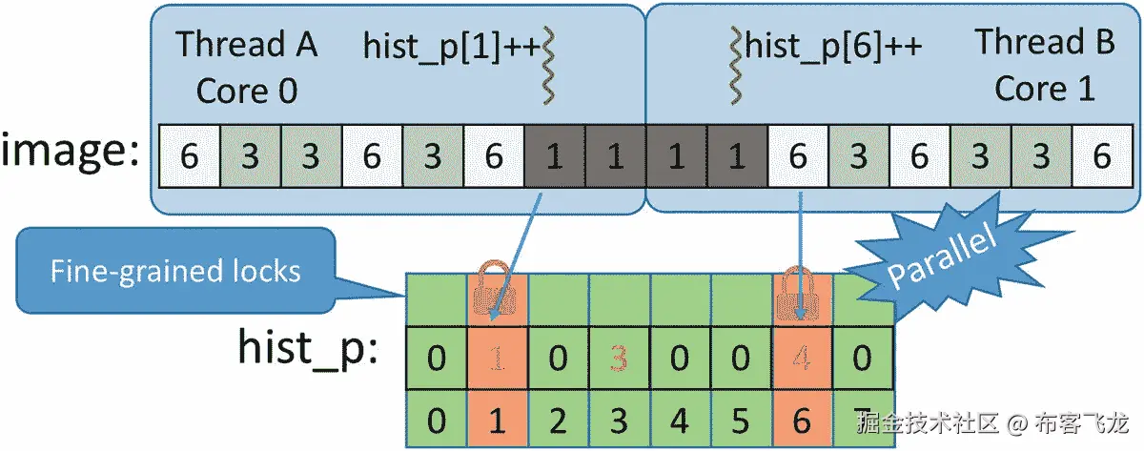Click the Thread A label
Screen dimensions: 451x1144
click(x=247, y=45)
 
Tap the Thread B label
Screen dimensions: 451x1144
click(x=1044, y=43)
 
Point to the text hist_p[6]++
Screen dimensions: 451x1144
click(x=834, y=46)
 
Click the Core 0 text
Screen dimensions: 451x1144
click(x=247, y=92)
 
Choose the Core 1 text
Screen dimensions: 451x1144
click(x=1044, y=89)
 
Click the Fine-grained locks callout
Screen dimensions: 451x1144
click(x=175, y=271)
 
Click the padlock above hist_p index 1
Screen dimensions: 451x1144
click(x=495, y=292)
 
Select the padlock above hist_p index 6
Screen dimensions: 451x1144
click(x=800, y=292)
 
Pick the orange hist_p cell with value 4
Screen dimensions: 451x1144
click(x=802, y=359)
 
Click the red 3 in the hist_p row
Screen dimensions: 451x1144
click(x=619, y=359)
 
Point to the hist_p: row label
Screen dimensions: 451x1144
click(x=308, y=347)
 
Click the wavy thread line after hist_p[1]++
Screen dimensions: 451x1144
click(x=548, y=65)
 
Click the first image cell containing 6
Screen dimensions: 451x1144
click(x=189, y=155)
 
